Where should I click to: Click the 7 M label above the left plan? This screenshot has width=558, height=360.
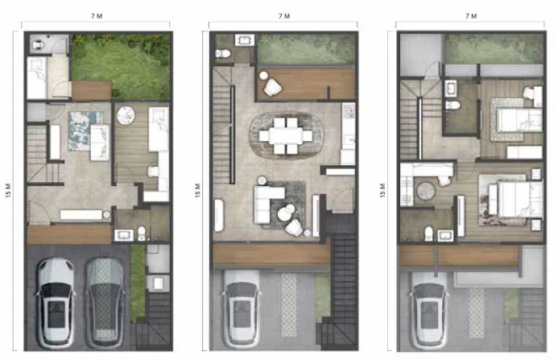point(97,16)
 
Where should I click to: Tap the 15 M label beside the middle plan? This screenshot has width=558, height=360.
point(198,190)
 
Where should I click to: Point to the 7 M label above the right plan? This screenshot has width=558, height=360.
point(471,16)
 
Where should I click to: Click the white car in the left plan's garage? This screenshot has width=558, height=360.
point(56,303)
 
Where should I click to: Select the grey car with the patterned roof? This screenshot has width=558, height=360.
point(105,303)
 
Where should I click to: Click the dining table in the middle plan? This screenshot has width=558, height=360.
point(286,135)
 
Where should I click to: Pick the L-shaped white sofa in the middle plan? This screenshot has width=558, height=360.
point(267,203)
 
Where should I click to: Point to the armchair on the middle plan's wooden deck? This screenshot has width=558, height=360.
point(273,87)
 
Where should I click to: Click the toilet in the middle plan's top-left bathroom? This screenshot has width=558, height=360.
point(223,53)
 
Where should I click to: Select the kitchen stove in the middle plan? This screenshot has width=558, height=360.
point(349,111)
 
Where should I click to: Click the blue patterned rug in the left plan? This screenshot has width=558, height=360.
point(84,130)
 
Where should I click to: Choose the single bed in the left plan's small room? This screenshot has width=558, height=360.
point(37,77)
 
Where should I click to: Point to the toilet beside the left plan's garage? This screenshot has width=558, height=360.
point(142,234)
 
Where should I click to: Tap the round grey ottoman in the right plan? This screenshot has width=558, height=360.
point(426,191)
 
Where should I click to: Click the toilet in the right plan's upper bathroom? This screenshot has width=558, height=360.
point(453,105)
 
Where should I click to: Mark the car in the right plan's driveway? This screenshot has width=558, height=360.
point(428,310)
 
